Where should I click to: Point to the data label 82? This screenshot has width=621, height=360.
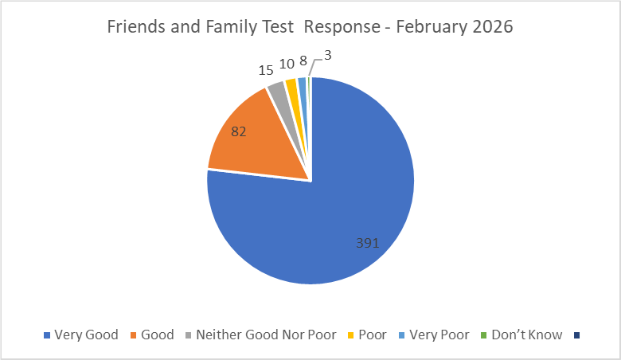(240, 131)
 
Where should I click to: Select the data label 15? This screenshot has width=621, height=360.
(268, 70)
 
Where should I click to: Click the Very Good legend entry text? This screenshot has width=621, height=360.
(86, 335)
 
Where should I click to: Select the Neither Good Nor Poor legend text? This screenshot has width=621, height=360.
(266, 335)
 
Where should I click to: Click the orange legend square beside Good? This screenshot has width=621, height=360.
(133, 335)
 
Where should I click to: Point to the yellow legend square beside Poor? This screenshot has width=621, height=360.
(350, 335)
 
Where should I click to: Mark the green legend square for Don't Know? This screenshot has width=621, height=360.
(485, 335)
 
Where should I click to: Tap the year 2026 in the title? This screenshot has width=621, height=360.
(494, 26)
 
